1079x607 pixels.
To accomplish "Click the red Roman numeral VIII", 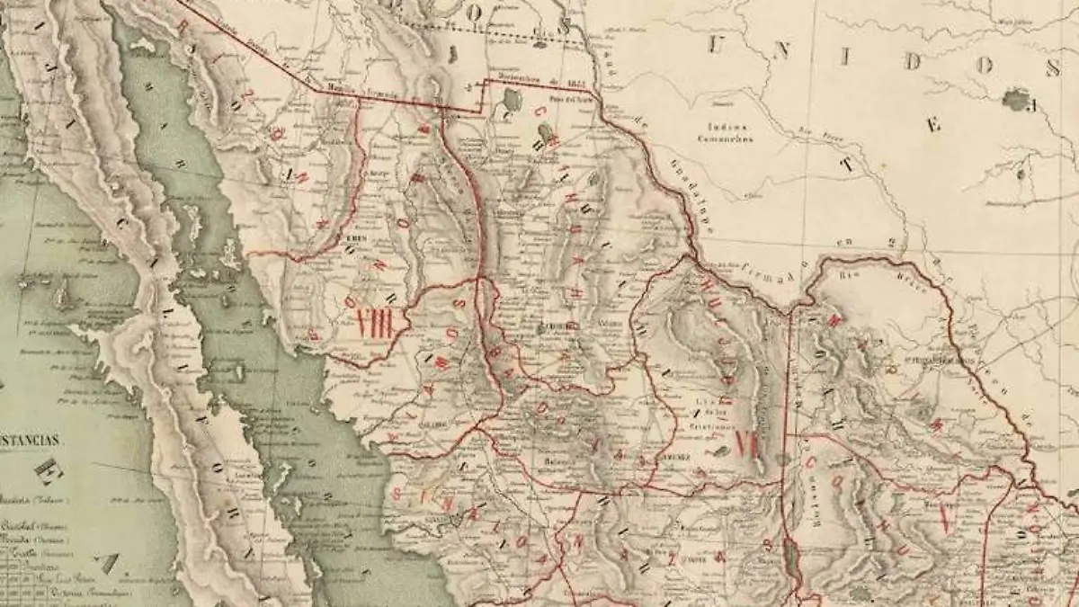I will (375, 323).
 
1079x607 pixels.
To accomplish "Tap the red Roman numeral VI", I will (746, 443).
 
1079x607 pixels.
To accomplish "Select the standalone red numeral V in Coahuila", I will (944, 517).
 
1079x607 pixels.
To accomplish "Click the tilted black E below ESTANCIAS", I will (46, 469).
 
